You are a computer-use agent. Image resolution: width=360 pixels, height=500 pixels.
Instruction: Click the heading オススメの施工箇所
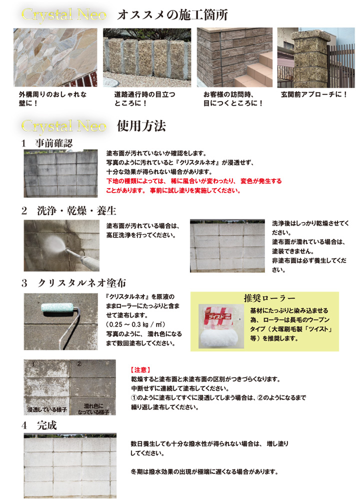(x=172, y=15)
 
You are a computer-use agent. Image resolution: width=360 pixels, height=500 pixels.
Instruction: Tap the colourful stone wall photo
(x=55, y=57)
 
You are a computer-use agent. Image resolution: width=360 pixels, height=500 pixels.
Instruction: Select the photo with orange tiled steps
(x=234, y=57)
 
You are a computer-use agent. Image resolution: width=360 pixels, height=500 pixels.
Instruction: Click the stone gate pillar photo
(x=315, y=57)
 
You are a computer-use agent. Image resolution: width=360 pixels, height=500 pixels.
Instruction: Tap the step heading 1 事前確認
(x=47, y=143)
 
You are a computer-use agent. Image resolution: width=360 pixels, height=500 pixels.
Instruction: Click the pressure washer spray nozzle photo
(x=62, y=245)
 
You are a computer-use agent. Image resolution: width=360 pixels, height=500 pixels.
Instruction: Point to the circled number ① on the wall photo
(x=33, y=364)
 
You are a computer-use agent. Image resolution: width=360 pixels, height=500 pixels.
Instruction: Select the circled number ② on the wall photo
(x=78, y=364)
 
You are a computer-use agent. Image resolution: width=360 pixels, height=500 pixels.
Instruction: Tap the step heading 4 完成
(x=39, y=426)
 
